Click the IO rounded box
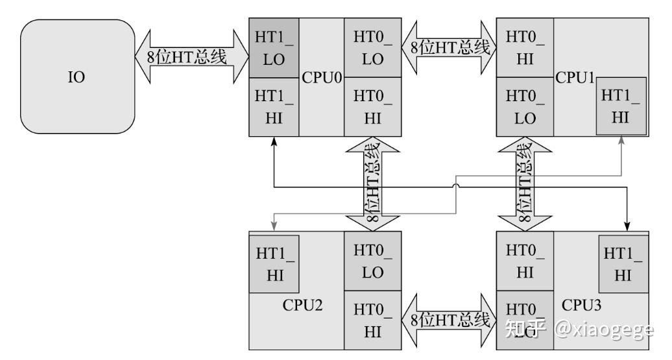[77, 77]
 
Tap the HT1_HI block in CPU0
[274, 107]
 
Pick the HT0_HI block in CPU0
[372, 107]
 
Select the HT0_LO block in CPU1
[525, 107]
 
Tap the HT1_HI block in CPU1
[621, 106]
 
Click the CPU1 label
[575, 78]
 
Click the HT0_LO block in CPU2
[372, 261]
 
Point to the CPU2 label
[302, 306]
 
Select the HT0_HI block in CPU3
[525, 261]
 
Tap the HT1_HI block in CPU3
[622, 263]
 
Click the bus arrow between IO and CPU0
[191, 57]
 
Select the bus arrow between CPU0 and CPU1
[449, 47]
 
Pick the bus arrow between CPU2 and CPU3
[449, 320]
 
